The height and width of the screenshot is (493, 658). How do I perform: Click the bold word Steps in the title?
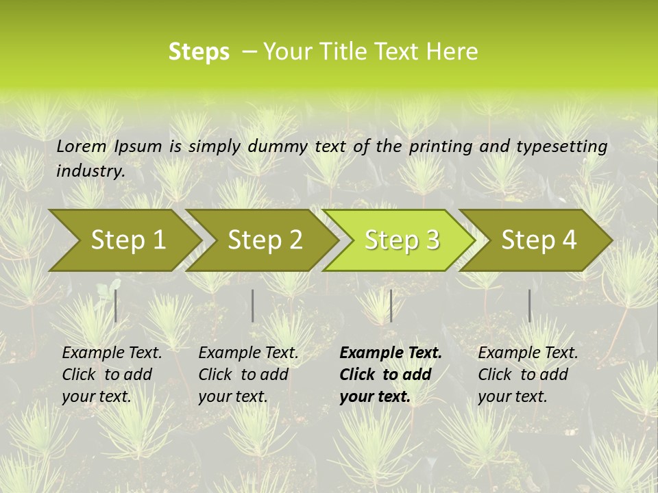[x=199, y=51]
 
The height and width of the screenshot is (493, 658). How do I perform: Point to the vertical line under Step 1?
[x=116, y=305]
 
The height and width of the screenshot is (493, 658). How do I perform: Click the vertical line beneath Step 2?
[x=253, y=305]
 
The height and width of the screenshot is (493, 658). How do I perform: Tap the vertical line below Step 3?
[x=391, y=305]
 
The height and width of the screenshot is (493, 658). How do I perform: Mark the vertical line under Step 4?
[x=529, y=305]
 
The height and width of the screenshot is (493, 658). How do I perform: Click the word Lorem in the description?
[x=82, y=146]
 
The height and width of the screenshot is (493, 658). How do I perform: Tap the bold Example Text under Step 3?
[x=391, y=353]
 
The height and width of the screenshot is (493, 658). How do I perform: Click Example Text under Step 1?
[x=112, y=353]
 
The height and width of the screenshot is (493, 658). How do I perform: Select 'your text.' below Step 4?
[x=512, y=396]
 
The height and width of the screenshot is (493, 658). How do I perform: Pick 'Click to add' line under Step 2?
[x=243, y=375]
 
